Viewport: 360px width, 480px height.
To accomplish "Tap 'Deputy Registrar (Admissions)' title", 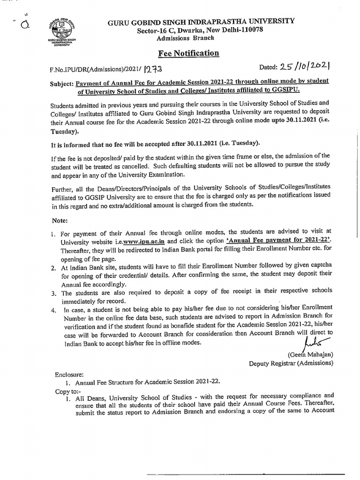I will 291,363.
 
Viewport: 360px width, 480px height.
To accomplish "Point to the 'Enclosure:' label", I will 68,374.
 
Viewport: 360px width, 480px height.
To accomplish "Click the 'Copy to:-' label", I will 67,390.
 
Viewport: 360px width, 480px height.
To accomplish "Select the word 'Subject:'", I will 61,82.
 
